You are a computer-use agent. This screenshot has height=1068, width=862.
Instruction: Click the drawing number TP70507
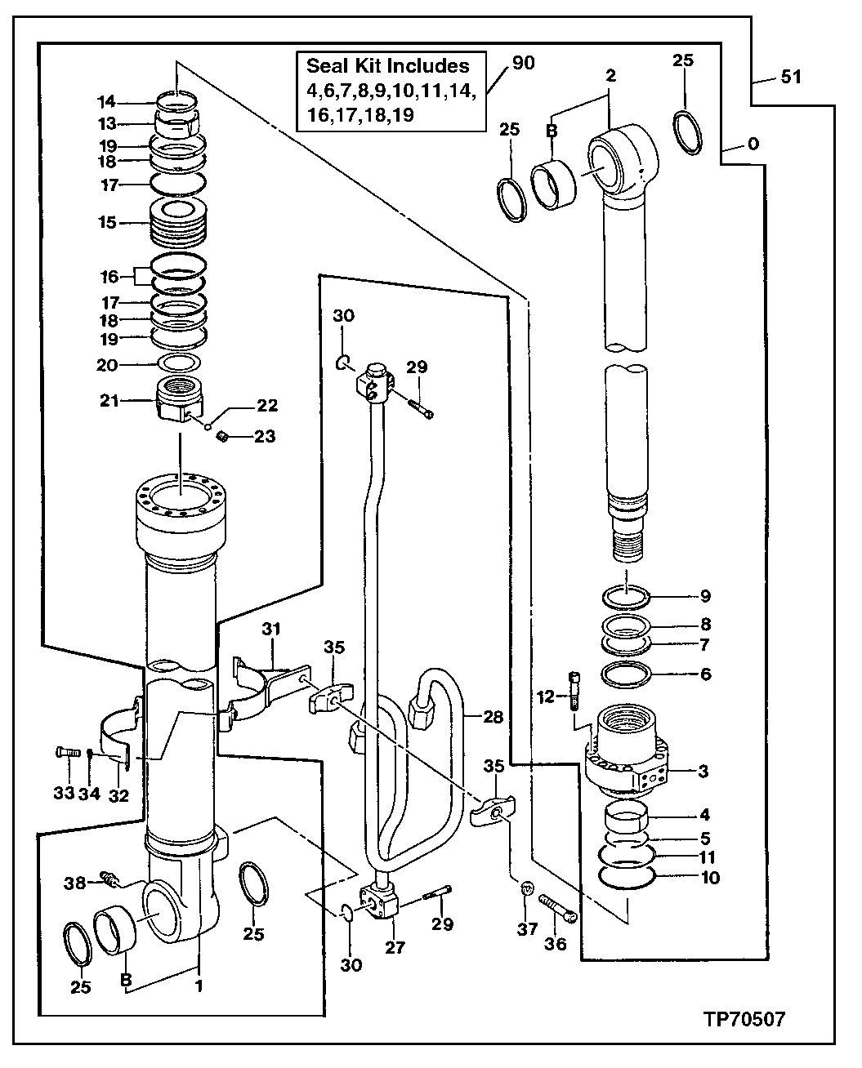(x=744, y=1019)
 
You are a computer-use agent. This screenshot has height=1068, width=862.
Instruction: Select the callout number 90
(x=523, y=63)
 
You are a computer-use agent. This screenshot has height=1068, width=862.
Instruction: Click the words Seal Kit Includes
(x=387, y=66)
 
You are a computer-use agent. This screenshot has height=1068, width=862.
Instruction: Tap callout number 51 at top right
(x=790, y=78)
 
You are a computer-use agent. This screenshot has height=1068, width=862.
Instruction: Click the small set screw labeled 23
(x=220, y=438)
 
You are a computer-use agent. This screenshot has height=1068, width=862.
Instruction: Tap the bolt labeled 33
(x=67, y=752)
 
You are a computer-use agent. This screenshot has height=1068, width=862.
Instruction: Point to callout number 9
(x=704, y=595)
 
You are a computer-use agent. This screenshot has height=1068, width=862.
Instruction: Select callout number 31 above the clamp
(x=270, y=629)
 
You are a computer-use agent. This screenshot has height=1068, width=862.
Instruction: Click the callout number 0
(x=753, y=145)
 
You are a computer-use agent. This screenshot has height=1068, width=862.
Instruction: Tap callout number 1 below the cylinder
(x=198, y=986)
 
